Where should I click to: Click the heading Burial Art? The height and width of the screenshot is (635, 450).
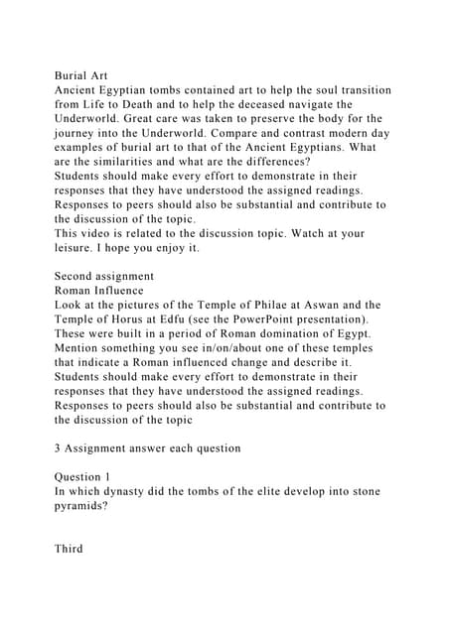pos(81,73)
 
